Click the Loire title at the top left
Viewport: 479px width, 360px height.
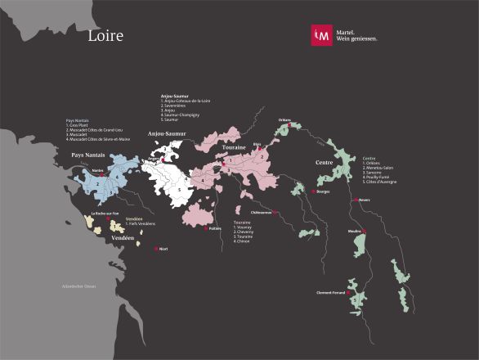tap(105, 36)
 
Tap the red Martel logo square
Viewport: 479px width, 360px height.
tap(321, 34)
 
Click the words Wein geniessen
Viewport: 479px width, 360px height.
tap(357, 38)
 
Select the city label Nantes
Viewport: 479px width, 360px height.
tap(97, 170)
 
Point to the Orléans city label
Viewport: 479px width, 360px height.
tap(284, 119)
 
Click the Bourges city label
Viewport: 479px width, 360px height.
tap(322, 191)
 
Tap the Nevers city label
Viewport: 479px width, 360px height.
tap(365, 200)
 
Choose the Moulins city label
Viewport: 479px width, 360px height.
tap(355, 232)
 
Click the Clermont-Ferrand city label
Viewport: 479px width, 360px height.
tap(330, 292)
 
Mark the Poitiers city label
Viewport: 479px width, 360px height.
tap(215, 228)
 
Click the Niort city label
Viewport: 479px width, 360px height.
tap(163, 248)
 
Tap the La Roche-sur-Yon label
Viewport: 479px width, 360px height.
tap(105, 214)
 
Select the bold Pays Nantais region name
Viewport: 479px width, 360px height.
tap(88, 155)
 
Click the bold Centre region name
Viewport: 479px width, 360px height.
tap(329, 162)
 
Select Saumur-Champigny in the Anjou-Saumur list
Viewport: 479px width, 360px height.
tap(184, 116)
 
